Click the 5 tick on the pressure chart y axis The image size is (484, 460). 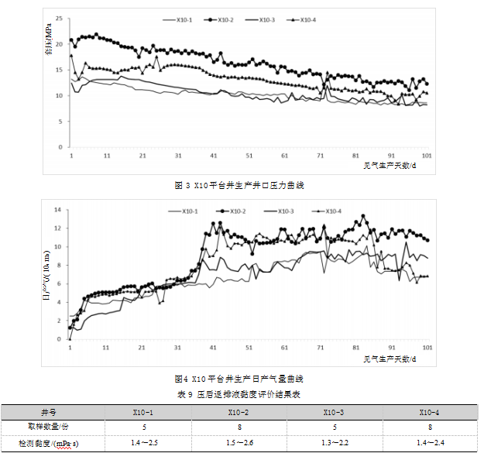coord(60,122)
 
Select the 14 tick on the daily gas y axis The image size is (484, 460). coord(57,210)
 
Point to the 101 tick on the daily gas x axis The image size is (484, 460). coord(427,348)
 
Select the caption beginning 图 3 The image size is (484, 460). coord(240,185)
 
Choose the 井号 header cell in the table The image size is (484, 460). coord(49,412)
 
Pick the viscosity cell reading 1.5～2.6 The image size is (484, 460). coord(240,443)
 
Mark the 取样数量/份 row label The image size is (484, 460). coord(49,427)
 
